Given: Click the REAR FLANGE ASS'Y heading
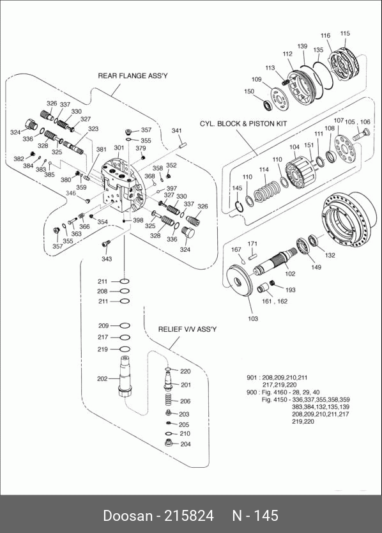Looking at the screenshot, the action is point(132,75).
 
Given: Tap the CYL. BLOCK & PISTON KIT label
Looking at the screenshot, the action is point(243,123).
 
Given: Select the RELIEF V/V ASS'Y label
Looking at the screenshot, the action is point(187,329).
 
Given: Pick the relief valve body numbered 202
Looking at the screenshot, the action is point(124,376).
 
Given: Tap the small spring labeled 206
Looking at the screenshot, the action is point(167,401).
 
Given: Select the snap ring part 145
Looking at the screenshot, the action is point(240,206).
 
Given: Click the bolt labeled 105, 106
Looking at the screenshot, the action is point(361,135).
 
